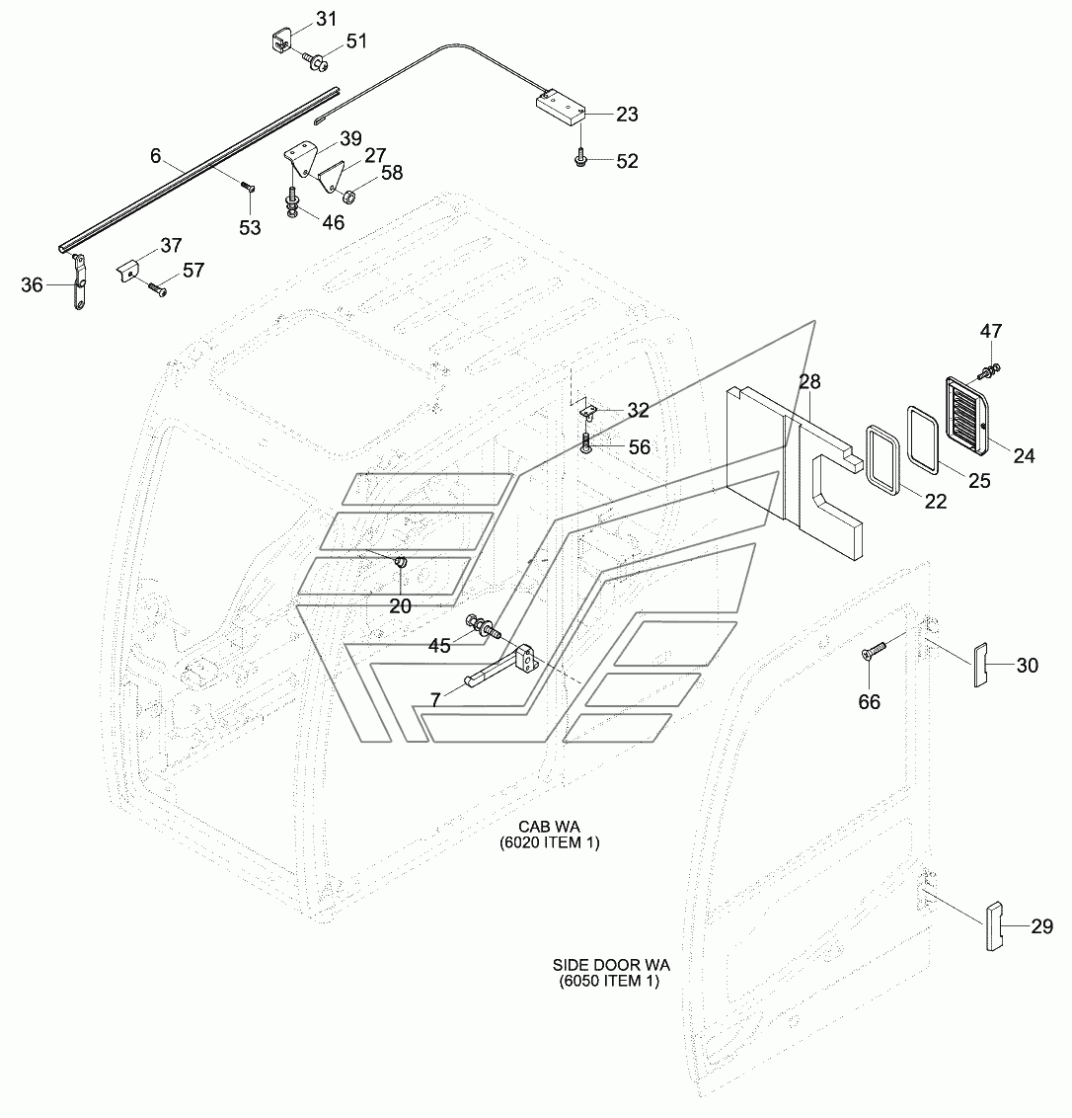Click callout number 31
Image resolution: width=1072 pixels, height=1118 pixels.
coord(326,19)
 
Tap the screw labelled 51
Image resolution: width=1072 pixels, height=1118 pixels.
coord(314,61)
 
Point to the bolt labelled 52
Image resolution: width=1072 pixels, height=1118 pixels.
coord(580,159)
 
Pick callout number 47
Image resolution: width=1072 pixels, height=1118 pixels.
coord(991,331)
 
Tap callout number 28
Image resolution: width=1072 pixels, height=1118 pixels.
coord(809,381)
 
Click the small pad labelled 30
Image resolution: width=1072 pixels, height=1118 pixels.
coord(980,665)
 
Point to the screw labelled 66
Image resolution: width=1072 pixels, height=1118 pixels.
coord(874,650)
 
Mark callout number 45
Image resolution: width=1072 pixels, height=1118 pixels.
coord(439,645)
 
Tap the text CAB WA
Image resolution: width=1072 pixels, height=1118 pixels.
coord(549,827)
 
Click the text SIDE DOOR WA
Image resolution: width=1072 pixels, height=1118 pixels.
coord(611,966)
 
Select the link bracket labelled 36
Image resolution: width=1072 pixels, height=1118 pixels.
coord(78,282)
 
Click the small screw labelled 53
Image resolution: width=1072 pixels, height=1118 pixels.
coord(248,187)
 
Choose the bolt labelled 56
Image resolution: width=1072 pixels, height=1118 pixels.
coord(586,442)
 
